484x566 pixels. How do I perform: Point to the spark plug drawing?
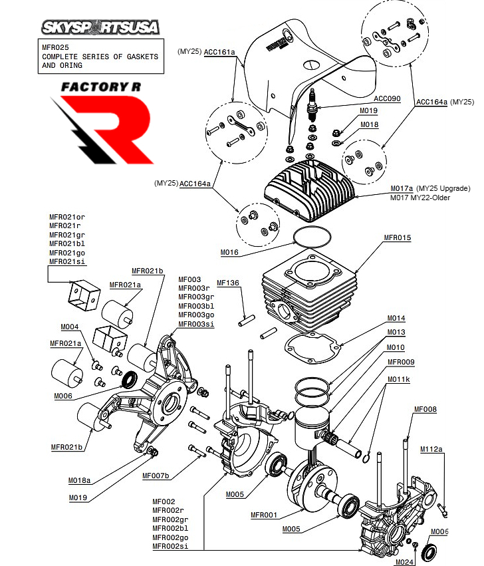[x=310, y=106]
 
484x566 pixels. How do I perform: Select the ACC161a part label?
[x=219, y=51]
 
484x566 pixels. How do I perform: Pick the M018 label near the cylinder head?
[x=369, y=124]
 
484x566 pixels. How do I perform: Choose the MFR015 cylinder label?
[x=398, y=237]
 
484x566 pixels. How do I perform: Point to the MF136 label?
[x=228, y=283]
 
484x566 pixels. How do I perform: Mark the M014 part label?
[x=396, y=318]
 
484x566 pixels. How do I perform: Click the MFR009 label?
[x=401, y=362]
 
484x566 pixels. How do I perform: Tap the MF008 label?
[x=425, y=409]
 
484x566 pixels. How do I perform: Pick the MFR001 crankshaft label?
[x=264, y=515]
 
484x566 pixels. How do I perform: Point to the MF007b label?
[x=156, y=476]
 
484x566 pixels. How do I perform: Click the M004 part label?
[x=70, y=327]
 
